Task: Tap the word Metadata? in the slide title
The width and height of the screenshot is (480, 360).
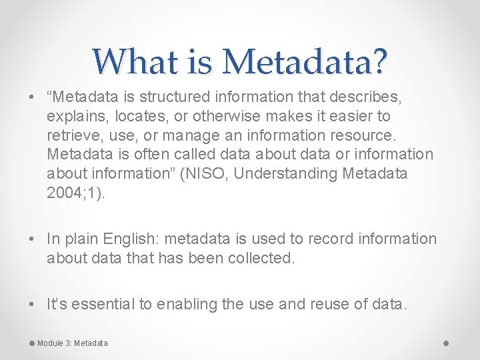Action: tap(305, 62)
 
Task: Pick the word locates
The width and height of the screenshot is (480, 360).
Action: tap(131, 116)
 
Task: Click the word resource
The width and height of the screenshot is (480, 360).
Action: tap(363, 135)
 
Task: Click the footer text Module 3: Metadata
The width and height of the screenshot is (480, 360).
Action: tap(72, 343)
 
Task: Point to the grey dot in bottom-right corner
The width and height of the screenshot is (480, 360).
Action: tap(446, 343)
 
